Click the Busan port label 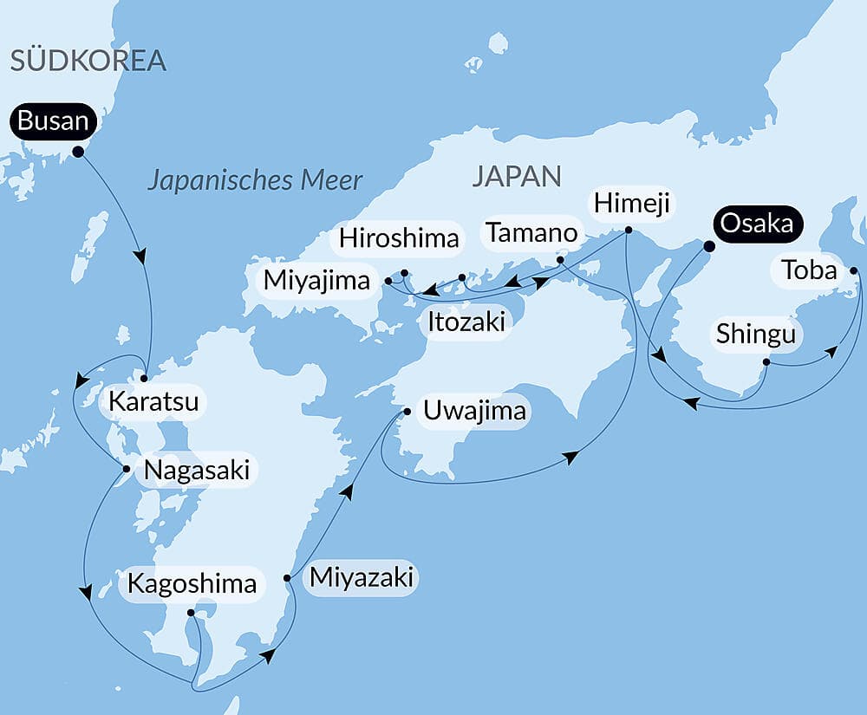pyautogui.click(x=53, y=121)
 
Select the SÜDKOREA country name pyautogui.click(x=87, y=60)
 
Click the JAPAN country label pyautogui.click(x=516, y=176)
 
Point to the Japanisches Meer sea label pyautogui.click(x=254, y=180)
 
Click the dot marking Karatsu pyautogui.click(x=145, y=378)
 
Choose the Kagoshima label pyautogui.click(x=192, y=583)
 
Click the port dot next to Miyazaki pyautogui.click(x=287, y=578)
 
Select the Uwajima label pyautogui.click(x=473, y=410)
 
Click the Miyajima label pyautogui.click(x=318, y=280)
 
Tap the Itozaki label pyautogui.click(x=466, y=322)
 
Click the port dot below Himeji pyautogui.click(x=629, y=231)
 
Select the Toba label pyautogui.click(x=809, y=271)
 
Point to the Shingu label pyautogui.click(x=755, y=334)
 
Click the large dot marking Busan pyautogui.click(x=78, y=152)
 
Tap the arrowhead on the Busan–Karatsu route pyautogui.click(x=140, y=257)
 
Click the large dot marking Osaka pyautogui.click(x=707, y=246)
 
